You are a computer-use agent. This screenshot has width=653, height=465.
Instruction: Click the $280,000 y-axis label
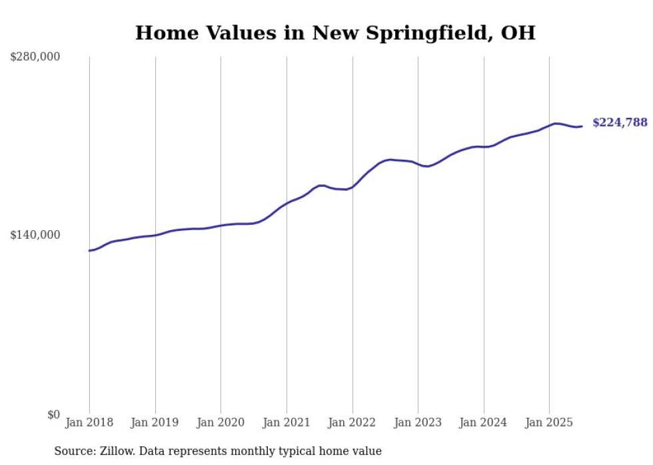[x=35, y=57]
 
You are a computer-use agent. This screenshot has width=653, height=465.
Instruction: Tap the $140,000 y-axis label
[x=35, y=235]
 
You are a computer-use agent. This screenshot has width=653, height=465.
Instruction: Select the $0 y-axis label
[x=53, y=414]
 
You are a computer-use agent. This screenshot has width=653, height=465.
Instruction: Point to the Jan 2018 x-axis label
[x=89, y=422]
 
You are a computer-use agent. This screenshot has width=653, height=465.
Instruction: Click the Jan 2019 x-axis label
[x=155, y=422]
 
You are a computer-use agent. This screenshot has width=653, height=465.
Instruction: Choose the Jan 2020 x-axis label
[x=221, y=422]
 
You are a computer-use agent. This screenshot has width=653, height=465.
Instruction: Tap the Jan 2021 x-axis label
[x=287, y=422]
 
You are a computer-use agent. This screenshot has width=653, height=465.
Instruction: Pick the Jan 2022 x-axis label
[x=352, y=422]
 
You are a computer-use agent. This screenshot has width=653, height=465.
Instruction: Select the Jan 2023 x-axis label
[x=418, y=422]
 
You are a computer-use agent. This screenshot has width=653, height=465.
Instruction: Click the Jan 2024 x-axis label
[x=484, y=422]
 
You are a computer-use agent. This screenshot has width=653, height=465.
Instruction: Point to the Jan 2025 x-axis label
[x=549, y=422]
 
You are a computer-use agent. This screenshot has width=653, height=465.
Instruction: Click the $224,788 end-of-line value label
[x=620, y=122]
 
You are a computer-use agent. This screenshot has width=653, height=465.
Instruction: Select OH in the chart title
[x=518, y=33]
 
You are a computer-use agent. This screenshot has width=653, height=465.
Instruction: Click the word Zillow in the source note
[x=117, y=451]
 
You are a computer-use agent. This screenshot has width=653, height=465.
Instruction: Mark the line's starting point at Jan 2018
[x=89, y=251]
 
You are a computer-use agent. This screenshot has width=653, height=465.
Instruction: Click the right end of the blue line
[x=582, y=126]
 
